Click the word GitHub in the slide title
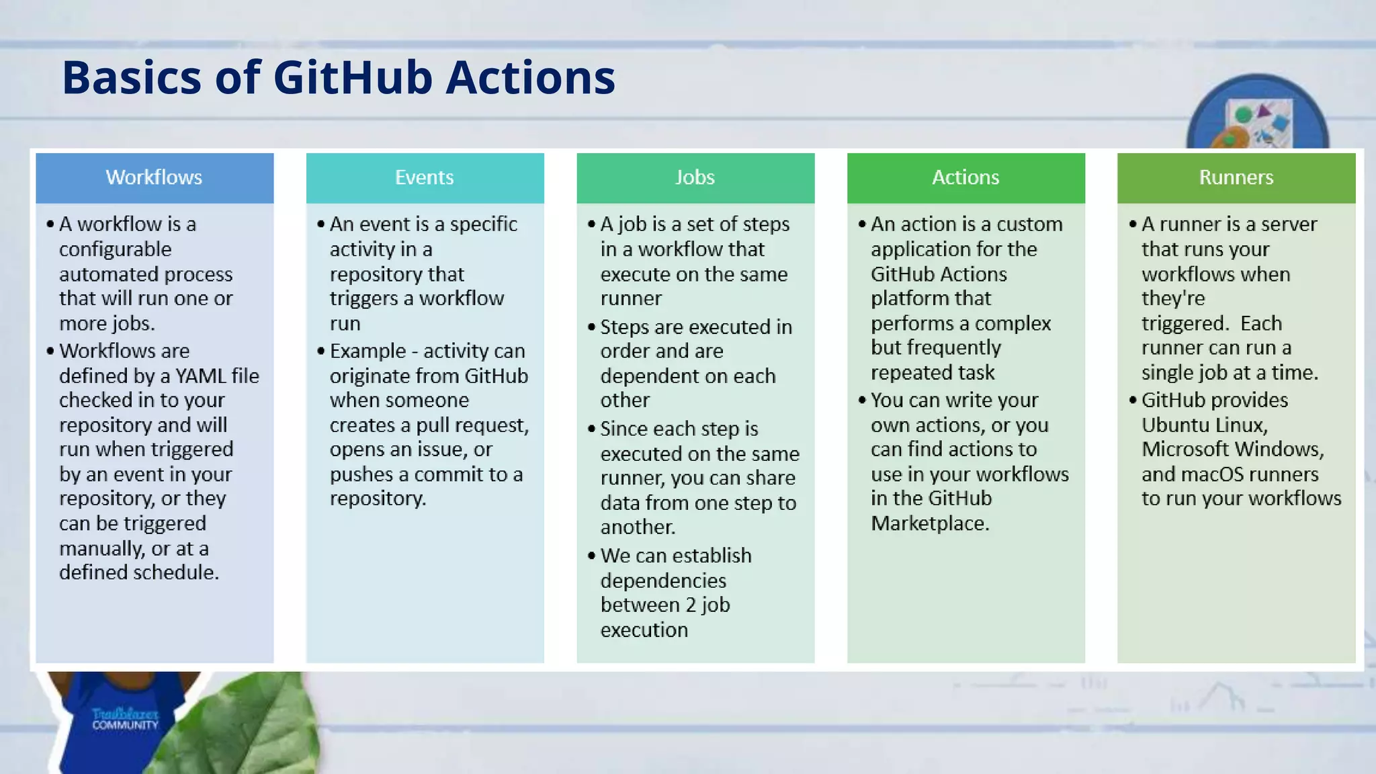pos(353,77)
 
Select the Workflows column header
pos(154,177)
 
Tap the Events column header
pos(425,177)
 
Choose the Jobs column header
pos(695,177)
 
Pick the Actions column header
pos(965,177)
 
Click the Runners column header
pos(1236,177)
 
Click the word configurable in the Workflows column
pos(115,249)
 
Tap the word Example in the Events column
pos(368,351)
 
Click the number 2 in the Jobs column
pos(691,605)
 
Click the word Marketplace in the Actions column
pos(929,523)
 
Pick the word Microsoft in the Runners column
pos(1185,449)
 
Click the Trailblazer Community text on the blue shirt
pos(125,719)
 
